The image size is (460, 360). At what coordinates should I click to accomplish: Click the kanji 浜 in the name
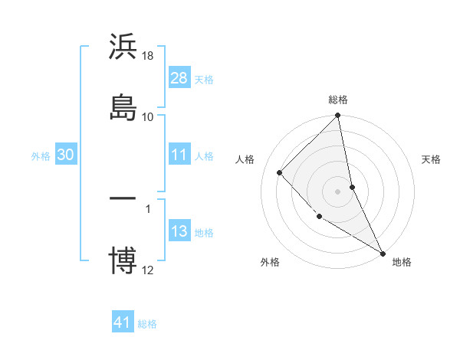pos(123,47)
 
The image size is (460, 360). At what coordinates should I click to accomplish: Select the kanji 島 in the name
pos(123,106)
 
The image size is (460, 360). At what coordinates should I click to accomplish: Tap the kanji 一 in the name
pos(123,198)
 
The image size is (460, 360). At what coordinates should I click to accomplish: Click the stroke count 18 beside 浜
pos(148,56)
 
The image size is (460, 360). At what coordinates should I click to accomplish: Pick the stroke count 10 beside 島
pos(148,116)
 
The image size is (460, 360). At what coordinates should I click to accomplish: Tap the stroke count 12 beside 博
pos(148,270)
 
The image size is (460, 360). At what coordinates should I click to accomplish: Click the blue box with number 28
pos(179,78)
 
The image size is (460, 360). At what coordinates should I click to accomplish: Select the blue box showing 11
pos(179,155)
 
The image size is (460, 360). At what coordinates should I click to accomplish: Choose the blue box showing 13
pos(179,231)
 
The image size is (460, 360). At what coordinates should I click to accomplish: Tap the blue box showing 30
pos(66,155)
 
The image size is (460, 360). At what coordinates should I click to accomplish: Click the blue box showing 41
pos(123,322)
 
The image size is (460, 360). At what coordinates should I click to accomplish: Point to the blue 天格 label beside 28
pos(204,79)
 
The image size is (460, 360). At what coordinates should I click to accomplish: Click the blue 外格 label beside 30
pos(41,155)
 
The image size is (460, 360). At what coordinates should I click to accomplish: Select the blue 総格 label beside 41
pos(147,324)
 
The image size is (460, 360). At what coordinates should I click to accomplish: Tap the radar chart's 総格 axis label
pos(338,100)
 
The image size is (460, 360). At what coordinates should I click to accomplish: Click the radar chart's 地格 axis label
pos(402,262)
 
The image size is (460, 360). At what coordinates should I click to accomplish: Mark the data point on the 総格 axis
pos(338,116)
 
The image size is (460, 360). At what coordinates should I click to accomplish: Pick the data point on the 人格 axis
pos(280,172)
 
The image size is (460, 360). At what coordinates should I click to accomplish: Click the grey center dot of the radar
pos(338,191)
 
